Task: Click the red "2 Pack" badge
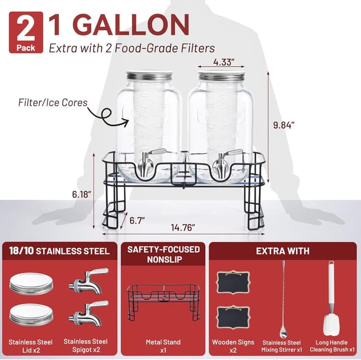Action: (x=25, y=32)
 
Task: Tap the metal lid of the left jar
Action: (x=148, y=76)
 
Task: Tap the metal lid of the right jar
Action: (x=221, y=76)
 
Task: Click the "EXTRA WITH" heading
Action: (x=282, y=251)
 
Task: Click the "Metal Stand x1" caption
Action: (x=163, y=346)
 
